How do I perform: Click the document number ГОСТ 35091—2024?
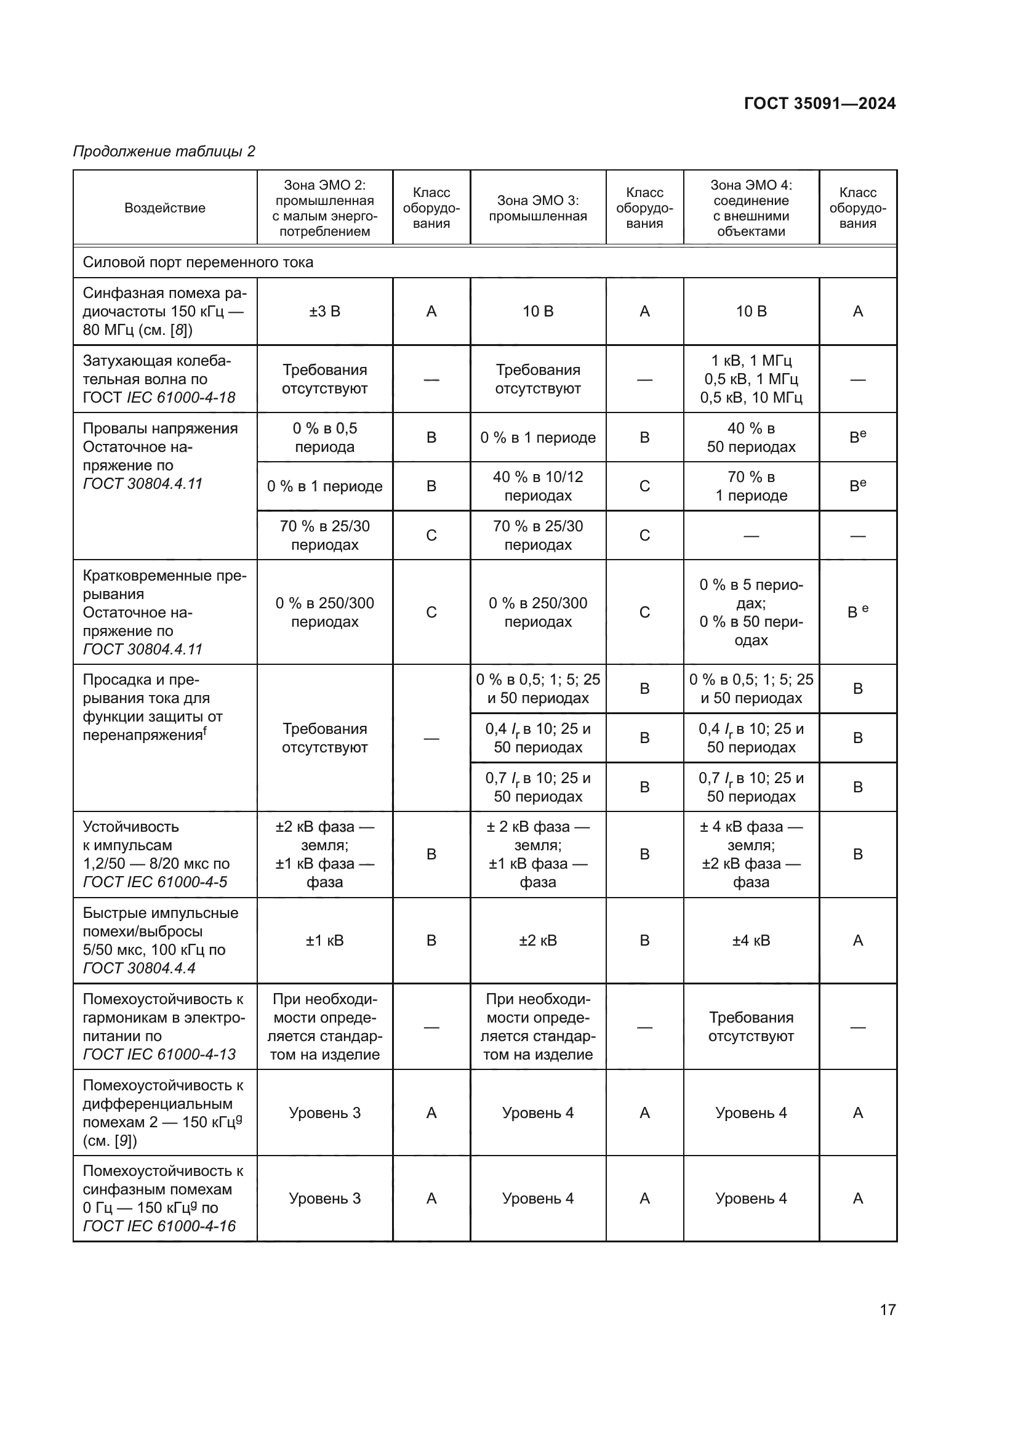point(819,103)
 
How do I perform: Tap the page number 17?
point(888,1309)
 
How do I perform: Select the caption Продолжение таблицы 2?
point(164,151)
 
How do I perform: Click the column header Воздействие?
point(165,208)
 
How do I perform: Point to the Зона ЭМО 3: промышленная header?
point(538,208)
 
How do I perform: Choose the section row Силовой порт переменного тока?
point(198,262)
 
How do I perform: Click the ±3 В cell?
point(325,312)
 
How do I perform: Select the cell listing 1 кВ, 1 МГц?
point(751,379)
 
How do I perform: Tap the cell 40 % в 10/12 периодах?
point(538,486)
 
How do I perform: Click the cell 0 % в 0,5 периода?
point(325,437)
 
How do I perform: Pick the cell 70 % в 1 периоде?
point(751,486)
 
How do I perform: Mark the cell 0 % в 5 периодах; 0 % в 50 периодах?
point(751,612)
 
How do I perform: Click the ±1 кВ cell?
point(325,940)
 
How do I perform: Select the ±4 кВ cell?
point(751,940)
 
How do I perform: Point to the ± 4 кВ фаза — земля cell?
point(751,855)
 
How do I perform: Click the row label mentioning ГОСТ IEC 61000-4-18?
point(159,379)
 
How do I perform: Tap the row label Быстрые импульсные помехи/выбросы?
point(161,940)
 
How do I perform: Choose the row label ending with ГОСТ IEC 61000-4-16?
point(163,1198)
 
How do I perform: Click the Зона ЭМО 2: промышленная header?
point(325,208)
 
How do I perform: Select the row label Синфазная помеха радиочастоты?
point(164,312)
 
